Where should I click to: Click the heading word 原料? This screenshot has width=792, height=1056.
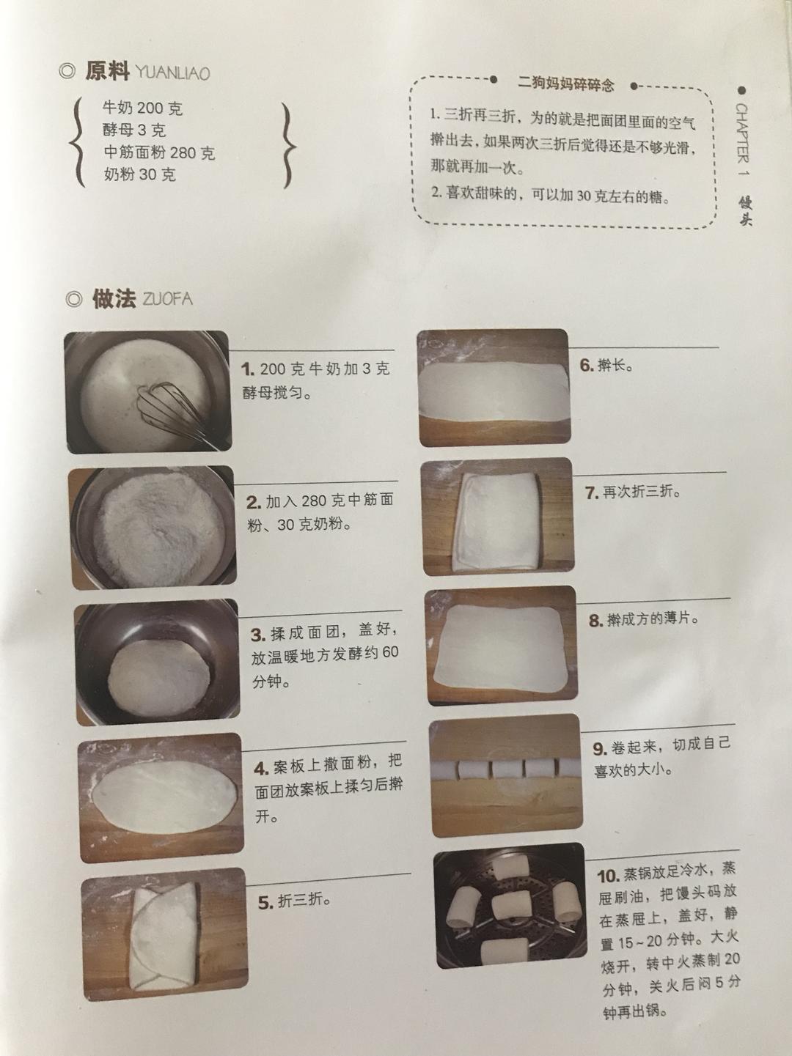tap(107, 71)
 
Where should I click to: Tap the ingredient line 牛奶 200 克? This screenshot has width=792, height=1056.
tap(142, 108)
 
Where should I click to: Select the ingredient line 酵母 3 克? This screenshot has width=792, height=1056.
tap(134, 130)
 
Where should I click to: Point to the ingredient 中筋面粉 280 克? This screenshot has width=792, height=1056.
tap(159, 152)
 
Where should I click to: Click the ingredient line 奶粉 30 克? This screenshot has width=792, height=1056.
tap(140, 174)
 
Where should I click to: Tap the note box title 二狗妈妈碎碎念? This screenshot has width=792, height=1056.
tap(565, 84)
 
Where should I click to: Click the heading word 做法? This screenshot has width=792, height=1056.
tap(114, 299)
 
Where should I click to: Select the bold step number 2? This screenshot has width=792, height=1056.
tap(254, 503)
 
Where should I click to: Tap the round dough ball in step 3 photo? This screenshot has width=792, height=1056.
tap(159, 671)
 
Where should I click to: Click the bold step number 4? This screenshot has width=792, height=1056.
tap(261, 768)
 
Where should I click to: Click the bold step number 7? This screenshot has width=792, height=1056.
tap(592, 493)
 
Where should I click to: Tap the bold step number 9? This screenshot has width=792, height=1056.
tap(600, 749)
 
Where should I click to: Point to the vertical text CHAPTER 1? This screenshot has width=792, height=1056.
tap(742, 139)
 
